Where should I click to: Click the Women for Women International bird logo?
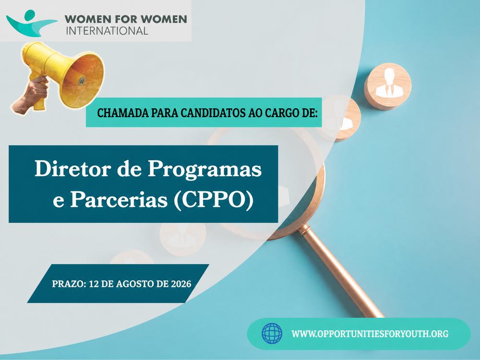[31, 24]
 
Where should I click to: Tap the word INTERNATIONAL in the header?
[107, 31]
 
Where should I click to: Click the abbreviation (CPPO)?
[214, 201]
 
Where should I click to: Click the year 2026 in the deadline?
[181, 284]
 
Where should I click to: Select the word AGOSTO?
[135, 284]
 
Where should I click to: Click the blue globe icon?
[272, 334]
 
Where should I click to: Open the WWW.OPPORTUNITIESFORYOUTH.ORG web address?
[370, 334]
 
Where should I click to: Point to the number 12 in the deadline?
[93, 284]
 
